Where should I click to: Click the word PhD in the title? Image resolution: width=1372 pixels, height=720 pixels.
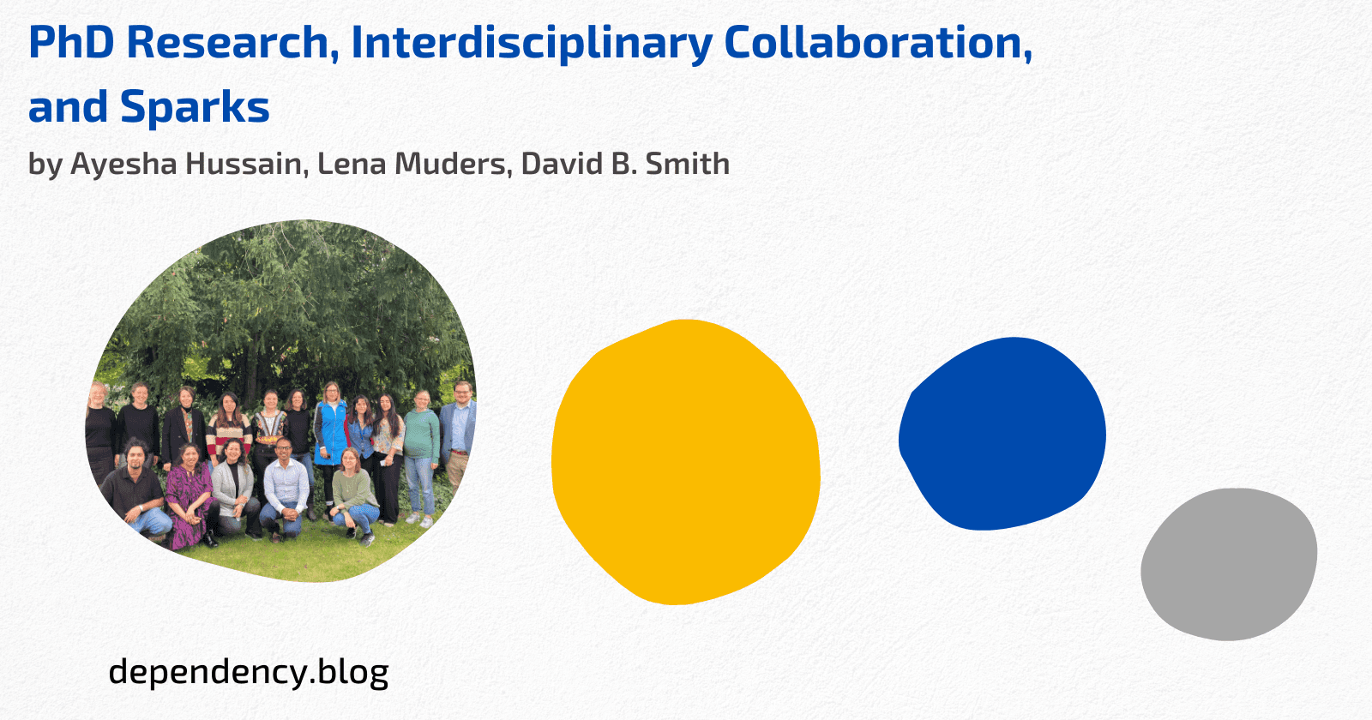(x=71, y=43)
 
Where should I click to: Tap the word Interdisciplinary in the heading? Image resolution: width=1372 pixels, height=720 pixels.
(x=530, y=43)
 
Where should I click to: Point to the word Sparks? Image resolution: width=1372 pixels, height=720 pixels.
(x=195, y=108)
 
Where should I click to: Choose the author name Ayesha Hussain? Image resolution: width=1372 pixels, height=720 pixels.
(x=186, y=164)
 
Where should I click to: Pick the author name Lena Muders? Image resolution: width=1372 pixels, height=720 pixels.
(x=412, y=164)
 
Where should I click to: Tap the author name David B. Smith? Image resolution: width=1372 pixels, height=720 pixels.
(x=625, y=164)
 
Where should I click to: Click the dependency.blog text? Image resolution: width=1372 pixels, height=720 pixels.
(x=249, y=671)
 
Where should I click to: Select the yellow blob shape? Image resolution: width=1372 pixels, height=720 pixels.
(x=685, y=463)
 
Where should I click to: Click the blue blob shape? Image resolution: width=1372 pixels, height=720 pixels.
(x=1002, y=434)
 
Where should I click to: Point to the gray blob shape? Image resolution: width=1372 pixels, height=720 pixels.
(x=1229, y=563)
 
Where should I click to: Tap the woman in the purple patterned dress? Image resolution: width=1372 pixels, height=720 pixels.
(x=190, y=497)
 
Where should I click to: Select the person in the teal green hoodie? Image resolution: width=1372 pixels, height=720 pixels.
(x=420, y=446)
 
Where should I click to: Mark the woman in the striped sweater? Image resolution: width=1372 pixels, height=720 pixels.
(x=228, y=424)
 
